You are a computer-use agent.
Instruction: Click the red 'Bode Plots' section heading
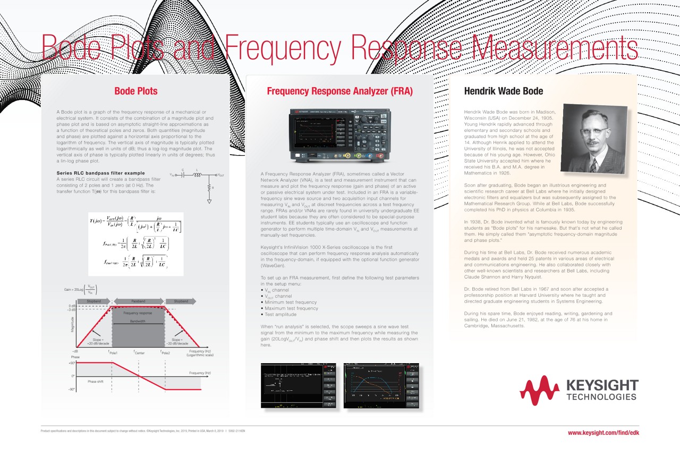(x=136, y=91)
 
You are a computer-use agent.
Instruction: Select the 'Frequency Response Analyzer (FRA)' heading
(x=339, y=91)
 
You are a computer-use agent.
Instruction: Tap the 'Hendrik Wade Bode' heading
(x=504, y=91)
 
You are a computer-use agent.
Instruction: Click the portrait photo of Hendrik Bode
(x=594, y=139)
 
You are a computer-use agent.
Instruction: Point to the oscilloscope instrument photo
(x=339, y=136)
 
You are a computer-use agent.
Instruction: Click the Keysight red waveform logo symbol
(x=540, y=390)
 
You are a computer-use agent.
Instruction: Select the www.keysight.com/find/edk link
(x=603, y=433)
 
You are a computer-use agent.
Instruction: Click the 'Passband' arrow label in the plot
(x=139, y=301)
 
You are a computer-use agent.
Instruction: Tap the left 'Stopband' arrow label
(x=94, y=301)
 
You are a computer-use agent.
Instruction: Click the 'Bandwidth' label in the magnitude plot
(x=138, y=321)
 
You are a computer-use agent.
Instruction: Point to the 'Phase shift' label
(x=96, y=382)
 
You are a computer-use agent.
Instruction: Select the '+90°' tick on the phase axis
(x=72, y=363)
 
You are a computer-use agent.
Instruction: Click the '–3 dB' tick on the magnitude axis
(x=71, y=310)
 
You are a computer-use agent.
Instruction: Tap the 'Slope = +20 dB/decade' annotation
(x=98, y=341)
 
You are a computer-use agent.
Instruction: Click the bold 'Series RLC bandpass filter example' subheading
(x=100, y=173)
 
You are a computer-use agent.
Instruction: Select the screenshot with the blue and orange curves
(x=381, y=385)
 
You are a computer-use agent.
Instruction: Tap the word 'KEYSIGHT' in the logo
(x=602, y=385)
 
